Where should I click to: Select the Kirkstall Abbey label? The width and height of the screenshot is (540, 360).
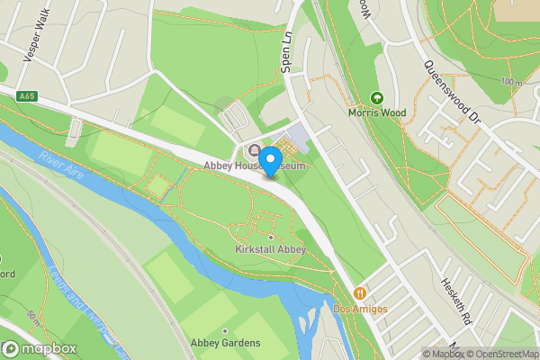[x=270, y=249]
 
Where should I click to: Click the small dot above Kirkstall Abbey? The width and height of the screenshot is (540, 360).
[x=270, y=238]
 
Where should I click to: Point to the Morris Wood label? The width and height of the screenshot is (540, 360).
[x=377, y=112]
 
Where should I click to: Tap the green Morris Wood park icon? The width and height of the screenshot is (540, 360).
[x=377, y=98]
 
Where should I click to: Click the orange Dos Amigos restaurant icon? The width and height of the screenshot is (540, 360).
[x=360, y=293]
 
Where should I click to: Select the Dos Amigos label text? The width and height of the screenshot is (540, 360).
[x=360, y=309]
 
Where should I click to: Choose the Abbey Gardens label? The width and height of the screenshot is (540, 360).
[x=225, y=343]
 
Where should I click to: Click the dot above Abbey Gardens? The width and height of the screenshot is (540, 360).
[x=225, y=330]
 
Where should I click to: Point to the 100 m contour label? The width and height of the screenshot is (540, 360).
[x=511, y=83]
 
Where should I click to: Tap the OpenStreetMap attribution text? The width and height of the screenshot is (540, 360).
[x=505, y=353]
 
